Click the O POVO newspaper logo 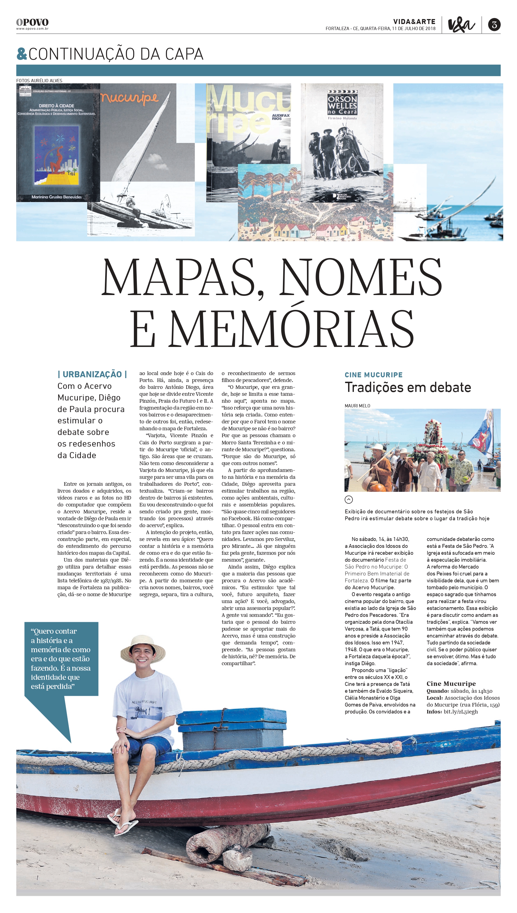32,23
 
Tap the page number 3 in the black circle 494,25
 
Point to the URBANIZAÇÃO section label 92,374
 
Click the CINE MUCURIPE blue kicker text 373,375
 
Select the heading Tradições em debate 408,387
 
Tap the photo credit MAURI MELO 357,406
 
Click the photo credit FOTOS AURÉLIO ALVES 39,81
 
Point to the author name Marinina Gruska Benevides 57,197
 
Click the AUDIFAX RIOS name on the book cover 280,117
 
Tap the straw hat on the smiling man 143,647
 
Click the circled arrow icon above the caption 349,500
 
